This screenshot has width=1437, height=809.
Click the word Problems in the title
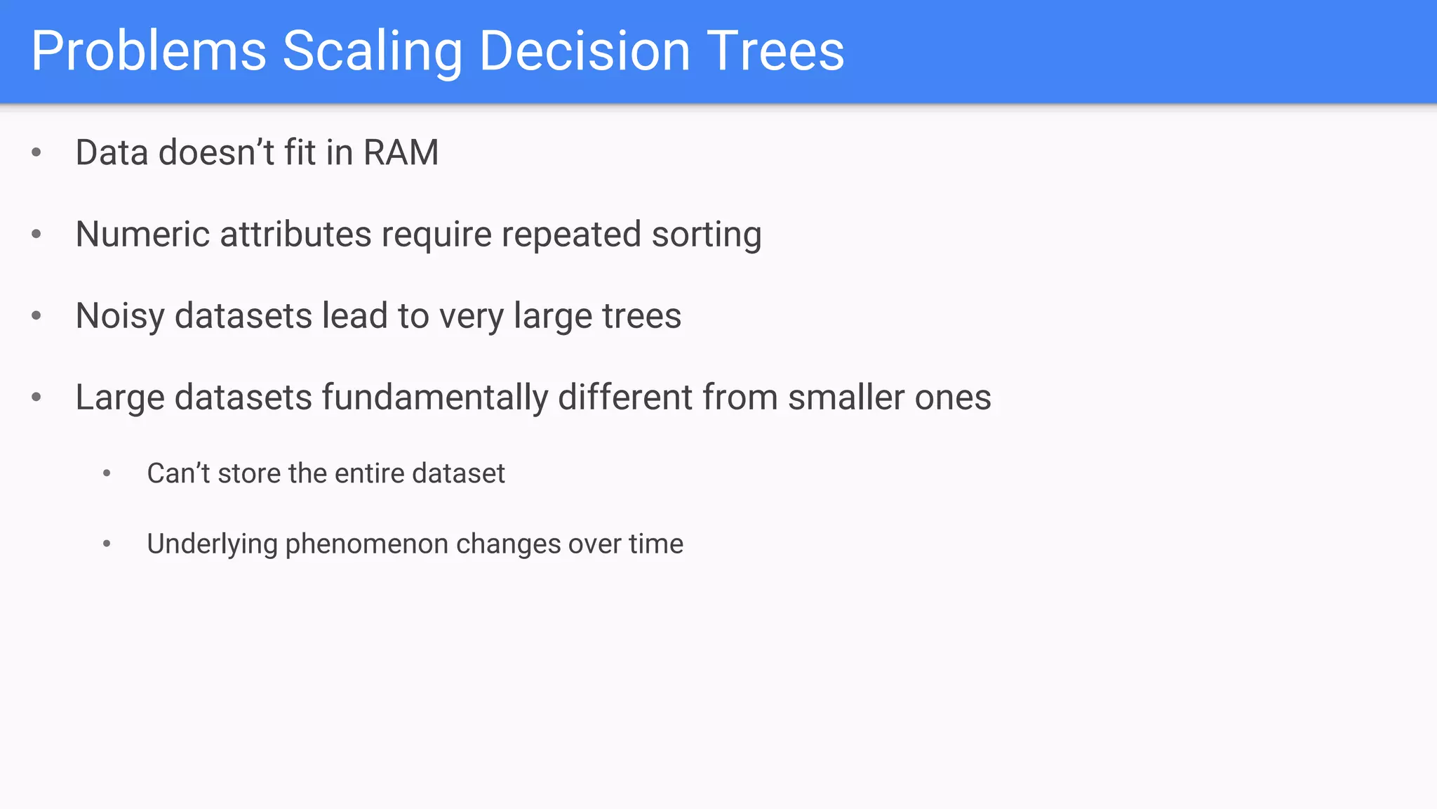[149, 51]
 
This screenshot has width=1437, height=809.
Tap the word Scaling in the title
[372, 51]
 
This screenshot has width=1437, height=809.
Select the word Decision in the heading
[584, 51]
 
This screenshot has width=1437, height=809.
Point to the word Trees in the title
[775, 51]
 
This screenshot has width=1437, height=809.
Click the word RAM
[401, 152]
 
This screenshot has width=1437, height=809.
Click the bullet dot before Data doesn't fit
[36, 152]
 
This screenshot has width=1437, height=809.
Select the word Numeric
[142, 234]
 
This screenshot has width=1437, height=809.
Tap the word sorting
[706, 235]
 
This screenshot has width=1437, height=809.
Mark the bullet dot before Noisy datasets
[36, 315]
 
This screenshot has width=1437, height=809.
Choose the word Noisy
[120, 316]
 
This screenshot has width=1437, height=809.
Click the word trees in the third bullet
[641, 316]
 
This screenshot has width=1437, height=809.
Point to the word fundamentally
[434, 397]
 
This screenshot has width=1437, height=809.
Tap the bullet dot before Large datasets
[36, 397]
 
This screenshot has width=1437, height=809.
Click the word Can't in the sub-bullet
[178, 473]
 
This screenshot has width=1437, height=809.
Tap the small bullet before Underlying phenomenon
[107, 544]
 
